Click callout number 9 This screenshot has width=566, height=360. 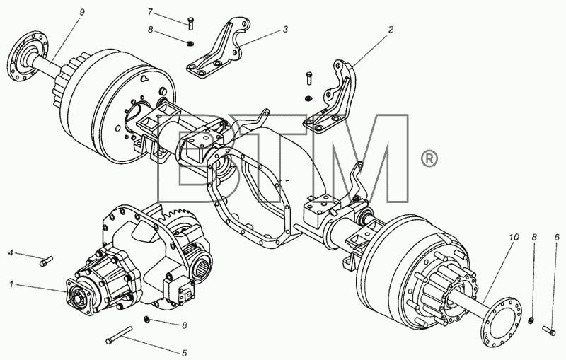[x=82, y=12]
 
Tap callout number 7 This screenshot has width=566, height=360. [x=151, y=11]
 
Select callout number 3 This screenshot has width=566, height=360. [x=285, y=29]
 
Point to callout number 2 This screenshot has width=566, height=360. [x=391, y=29]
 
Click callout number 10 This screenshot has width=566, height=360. [x=514, y=237]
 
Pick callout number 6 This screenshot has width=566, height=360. [x=557, y=237]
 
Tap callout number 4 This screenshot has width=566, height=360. [x=11, y=253]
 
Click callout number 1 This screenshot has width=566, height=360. [x=11, y=284]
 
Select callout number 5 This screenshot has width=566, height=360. [x=185, y=352]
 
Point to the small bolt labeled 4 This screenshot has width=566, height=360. [x=46, y=261]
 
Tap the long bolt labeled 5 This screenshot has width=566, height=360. [x=119, y=335]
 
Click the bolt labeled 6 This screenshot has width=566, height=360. [x=549, y=330]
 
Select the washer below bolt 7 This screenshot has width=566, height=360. [x=190, y=44]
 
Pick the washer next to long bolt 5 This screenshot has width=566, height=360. [x=146, y=319]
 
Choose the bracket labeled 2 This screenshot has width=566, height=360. [x=330, y=98]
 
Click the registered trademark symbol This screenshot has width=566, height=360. [x=429, y=159]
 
